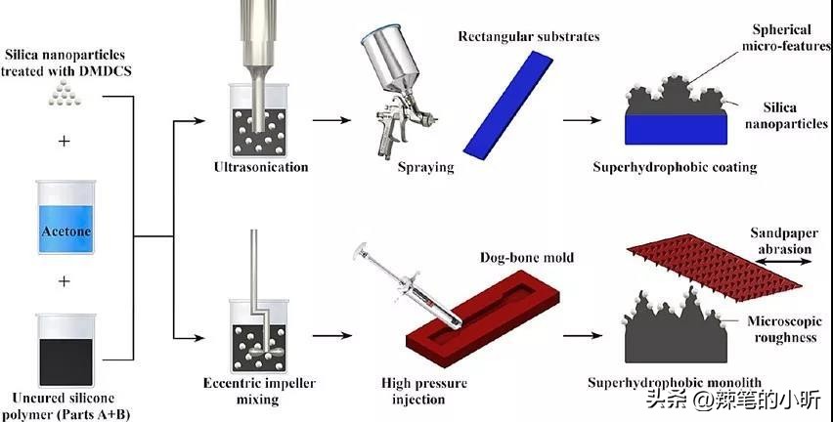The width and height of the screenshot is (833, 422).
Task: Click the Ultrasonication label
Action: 261,167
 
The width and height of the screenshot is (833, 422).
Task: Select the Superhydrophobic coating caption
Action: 675,167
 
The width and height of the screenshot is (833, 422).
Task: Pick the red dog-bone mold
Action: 479,316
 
